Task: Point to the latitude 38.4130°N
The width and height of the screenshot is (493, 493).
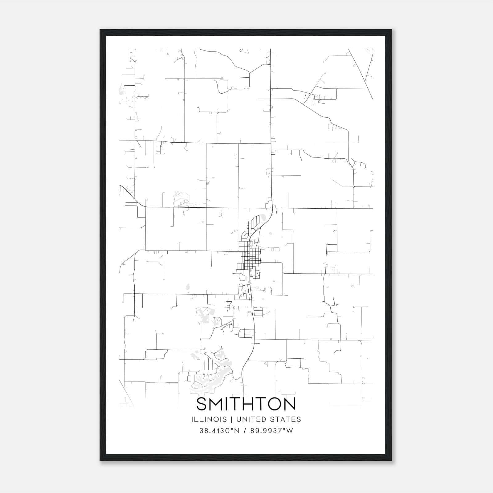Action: click(x=219, y=431)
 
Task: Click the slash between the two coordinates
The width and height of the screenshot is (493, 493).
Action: click(x=245, y=431)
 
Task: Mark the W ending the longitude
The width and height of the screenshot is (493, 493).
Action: click(x=290, y=431)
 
